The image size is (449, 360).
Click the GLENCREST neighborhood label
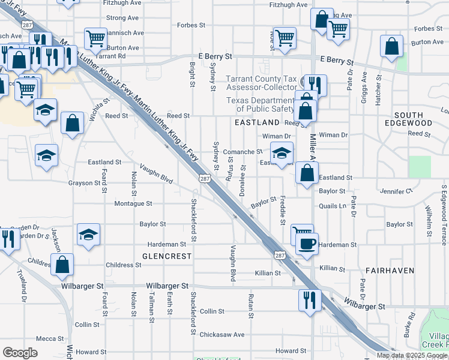(167, 256)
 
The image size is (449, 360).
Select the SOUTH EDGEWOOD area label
(412, 118)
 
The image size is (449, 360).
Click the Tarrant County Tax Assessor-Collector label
(261, 83)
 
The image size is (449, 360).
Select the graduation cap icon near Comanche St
(282, 152)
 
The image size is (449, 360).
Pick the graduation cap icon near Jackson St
(88, 234)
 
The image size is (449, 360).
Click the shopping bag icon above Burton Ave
(392, 46)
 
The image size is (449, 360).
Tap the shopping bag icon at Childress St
(62, 264)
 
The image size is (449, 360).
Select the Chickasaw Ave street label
(221, 334)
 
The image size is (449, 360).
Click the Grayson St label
(83, 182)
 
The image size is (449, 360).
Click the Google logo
(20, 352)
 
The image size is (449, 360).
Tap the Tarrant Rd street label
(113, 56)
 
